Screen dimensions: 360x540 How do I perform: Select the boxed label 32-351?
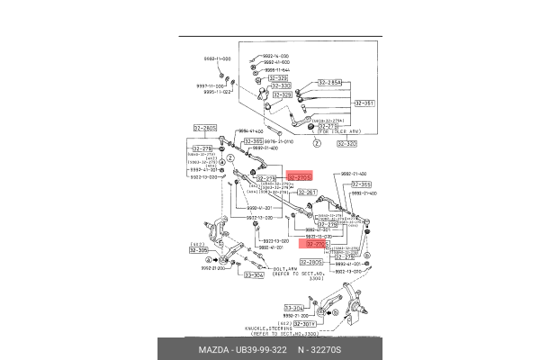pyautogui.click(x=364, y=103)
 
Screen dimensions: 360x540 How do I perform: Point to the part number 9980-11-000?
pyautogui.click(x=218, y=59)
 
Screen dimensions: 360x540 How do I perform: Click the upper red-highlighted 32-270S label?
pyautogui.click(x=299, y=178)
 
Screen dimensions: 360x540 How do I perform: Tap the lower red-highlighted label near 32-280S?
pyautogui.click(x=317, y=243)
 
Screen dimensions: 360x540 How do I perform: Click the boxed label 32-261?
pyautogui.click(x=307, y=192)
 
